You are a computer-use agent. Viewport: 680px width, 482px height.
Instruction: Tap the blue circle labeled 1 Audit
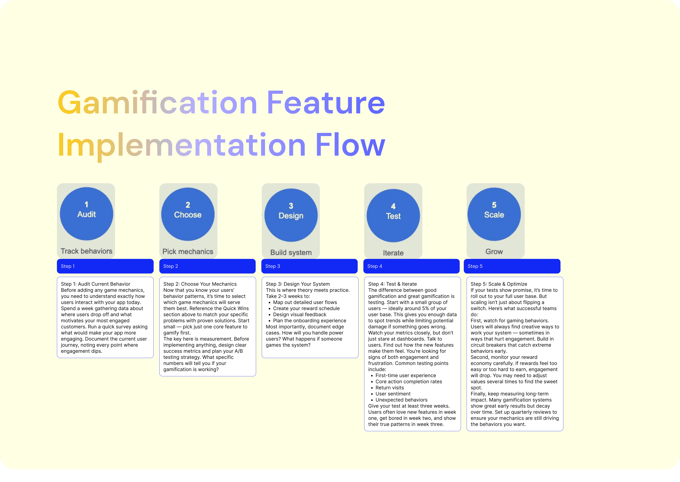click(x=86, y=214)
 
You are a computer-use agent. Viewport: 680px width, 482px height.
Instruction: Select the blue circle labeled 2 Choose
click(x=188, y=214)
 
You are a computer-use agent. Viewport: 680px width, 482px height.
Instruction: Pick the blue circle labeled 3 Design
click(x=291, y=215)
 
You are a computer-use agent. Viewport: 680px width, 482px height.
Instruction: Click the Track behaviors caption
click(x=86, y=251)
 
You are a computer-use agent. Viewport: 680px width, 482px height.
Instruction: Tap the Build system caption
click(x=291, y=253)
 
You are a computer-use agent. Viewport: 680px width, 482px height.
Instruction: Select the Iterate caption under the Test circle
click(x=393, y=253)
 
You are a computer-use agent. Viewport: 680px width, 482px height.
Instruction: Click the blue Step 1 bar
click(x=105, y=266)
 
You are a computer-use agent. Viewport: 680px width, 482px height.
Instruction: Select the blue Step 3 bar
click(x=309, y=266)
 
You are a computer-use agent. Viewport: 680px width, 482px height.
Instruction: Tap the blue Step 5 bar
click(x=512, y=266)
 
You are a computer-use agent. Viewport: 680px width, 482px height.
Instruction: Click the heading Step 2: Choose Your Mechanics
click(x=200, y=284)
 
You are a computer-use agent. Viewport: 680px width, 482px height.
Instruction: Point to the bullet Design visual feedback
click(x=300, y=315)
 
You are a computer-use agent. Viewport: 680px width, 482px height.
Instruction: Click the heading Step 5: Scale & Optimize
click(x=499, y=284)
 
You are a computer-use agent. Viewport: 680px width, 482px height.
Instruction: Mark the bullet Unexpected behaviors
click(x=401, y=400)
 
